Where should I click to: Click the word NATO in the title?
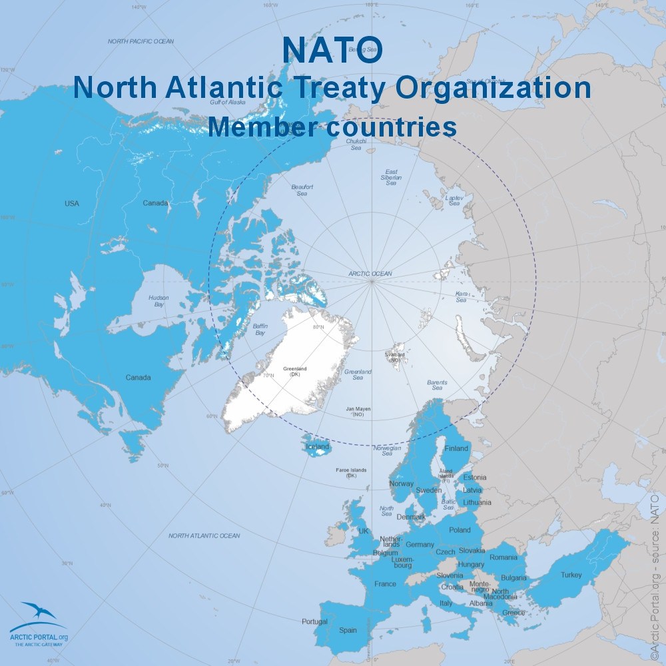click(x=332, y=49)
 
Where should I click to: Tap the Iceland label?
click(x=318, y=446)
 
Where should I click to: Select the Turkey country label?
click(x=571, y=575)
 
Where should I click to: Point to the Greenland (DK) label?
click(x=296, y=370)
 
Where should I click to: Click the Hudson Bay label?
click(x=159, y=301)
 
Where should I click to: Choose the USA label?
click(x=71, y=203)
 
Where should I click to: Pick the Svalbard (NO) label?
click(x=395, y=358)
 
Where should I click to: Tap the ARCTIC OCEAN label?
click(x=370, y=274)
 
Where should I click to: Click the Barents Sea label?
click(x=437, y=385)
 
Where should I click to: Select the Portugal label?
click(x=314, y=621)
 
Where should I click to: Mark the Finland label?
click(x=456, y=448)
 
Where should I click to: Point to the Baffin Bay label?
click(x=260, y=329)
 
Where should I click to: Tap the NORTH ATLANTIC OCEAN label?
click(x=204, y=535)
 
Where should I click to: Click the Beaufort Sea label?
click(x=302, y=190)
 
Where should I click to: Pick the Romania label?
click(x=503, y=557)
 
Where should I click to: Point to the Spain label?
click(x=348, y=630)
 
